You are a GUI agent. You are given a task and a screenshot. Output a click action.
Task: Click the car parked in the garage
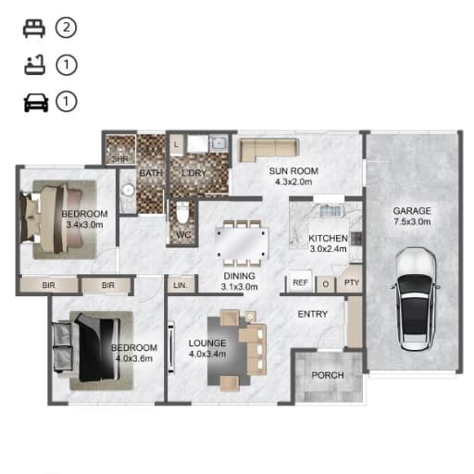(416, 299)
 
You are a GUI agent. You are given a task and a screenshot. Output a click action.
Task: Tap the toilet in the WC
(182, 212)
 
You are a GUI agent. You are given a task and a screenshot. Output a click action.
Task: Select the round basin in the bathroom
(128, 190)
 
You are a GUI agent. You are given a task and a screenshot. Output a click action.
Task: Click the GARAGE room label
(412, 211)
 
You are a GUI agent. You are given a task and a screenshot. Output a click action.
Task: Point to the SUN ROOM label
(293, 171)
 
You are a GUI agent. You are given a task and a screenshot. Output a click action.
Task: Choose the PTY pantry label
(352, 282)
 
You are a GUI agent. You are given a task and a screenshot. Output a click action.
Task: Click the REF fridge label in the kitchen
(300, 282)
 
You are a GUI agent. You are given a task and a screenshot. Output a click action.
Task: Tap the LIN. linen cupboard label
(181, 285)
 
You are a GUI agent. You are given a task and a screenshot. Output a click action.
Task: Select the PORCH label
(328, 375)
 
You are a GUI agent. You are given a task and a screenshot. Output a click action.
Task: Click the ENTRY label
(313, 314)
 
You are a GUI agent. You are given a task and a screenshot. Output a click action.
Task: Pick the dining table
(241, 243)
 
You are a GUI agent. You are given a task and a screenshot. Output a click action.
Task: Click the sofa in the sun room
(268, 150)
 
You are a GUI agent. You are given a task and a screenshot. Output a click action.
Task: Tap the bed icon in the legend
(34, 29)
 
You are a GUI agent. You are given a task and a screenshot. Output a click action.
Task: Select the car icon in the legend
(36, 103)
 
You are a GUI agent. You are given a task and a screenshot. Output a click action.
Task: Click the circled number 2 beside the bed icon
(66, 28)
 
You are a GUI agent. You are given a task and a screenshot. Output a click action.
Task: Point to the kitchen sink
(330, 210)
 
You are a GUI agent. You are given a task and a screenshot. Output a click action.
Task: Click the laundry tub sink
(218, 143)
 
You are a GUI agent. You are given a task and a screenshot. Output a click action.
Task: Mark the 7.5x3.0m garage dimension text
(412, 221)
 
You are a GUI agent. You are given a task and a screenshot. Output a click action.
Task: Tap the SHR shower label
(120, 159)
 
